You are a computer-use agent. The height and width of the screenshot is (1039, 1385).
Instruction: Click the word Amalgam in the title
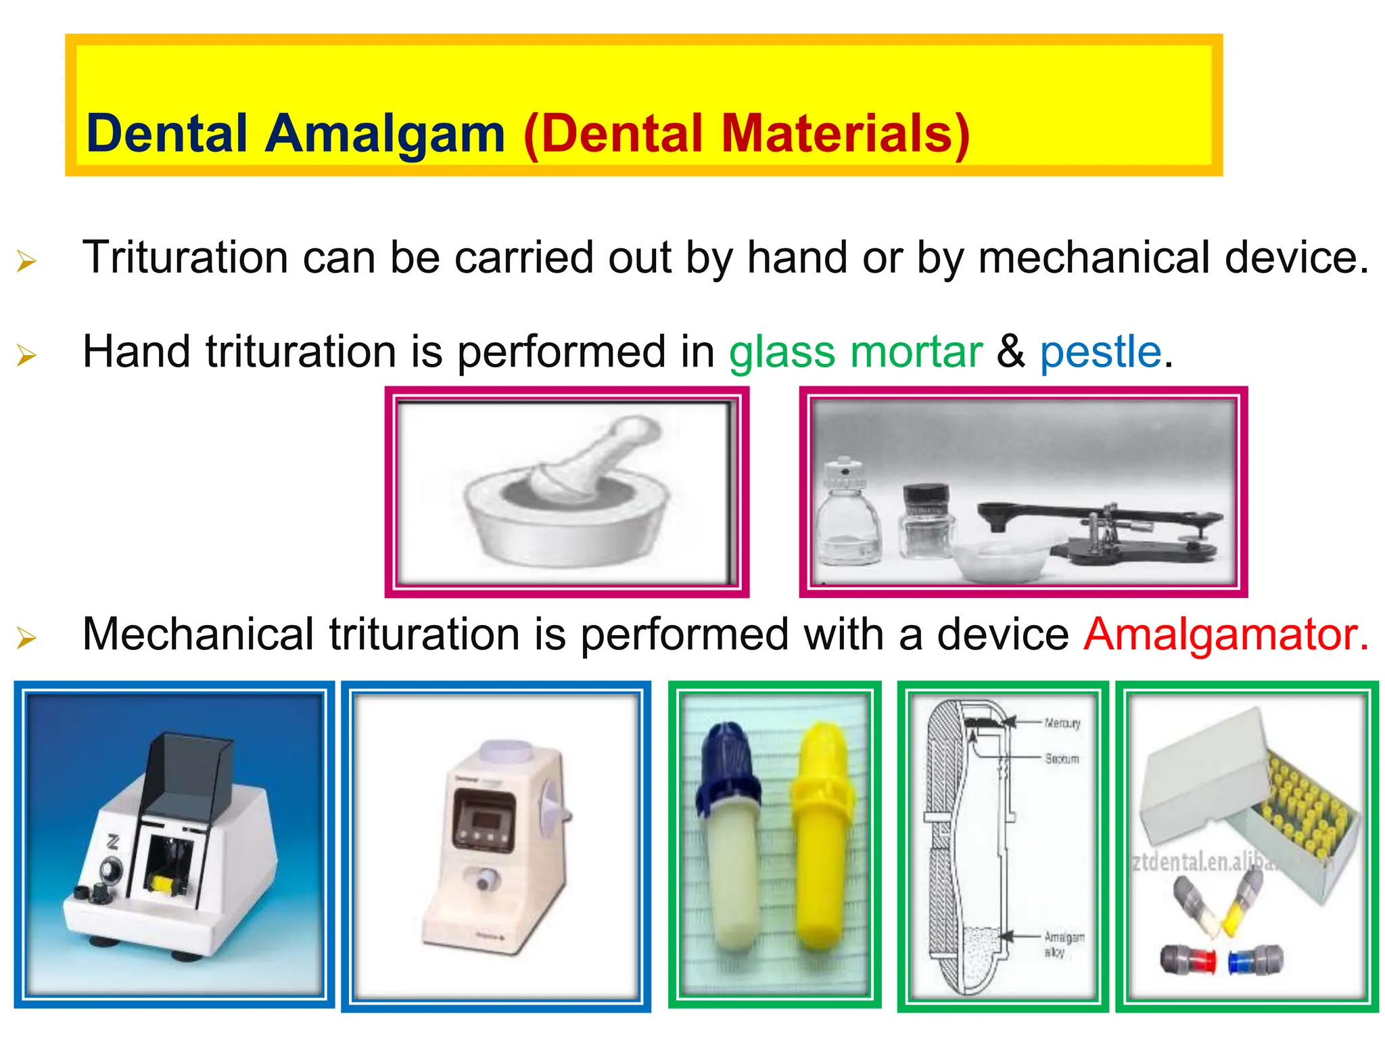(x=385, y=133)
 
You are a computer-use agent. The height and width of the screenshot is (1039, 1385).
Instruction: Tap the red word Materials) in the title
(x=845, y=133)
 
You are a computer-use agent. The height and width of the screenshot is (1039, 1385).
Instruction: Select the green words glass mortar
(x=855, y=352)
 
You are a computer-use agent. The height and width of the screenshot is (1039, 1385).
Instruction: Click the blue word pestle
(x=1100, y=352)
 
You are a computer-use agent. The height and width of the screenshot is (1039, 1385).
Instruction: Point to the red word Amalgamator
(x=1225, y=634)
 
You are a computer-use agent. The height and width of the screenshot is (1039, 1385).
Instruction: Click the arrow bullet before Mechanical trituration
(x=26, y=637)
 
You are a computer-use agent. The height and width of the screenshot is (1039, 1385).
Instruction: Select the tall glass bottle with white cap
(x=848, y=514)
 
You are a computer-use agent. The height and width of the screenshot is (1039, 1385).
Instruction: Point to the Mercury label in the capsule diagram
(x=1062, y=723)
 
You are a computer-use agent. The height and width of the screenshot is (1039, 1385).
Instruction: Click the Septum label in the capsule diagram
(x=1062, y=759)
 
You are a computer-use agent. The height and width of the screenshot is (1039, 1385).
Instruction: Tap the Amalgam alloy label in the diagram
(x=1063, y=944)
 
